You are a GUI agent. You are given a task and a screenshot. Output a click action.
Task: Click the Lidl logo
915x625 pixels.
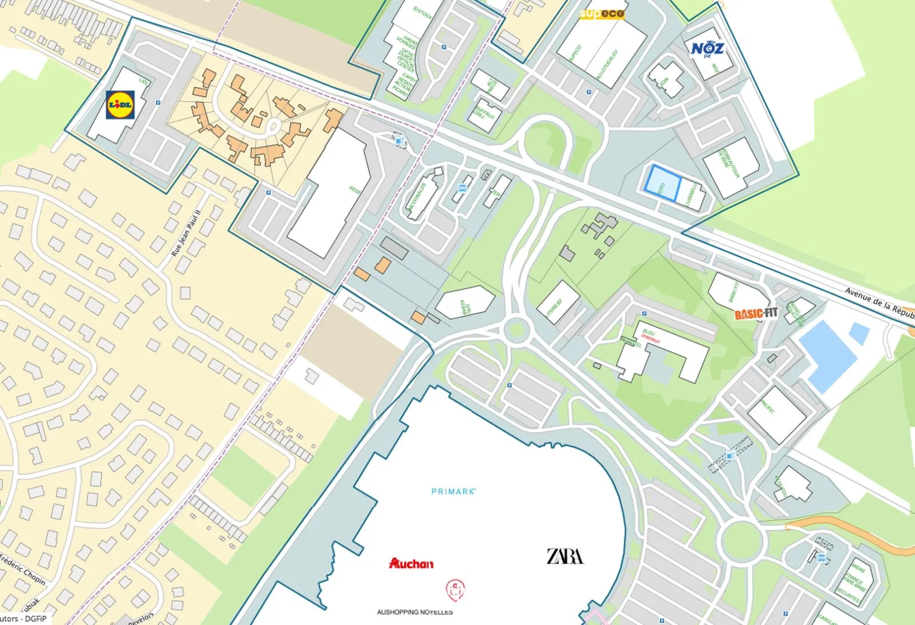pos(121,105)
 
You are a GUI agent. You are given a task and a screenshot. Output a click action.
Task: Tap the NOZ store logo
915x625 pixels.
pos(707,48)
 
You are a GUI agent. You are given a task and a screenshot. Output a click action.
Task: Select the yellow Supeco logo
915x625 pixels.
pos(602,13)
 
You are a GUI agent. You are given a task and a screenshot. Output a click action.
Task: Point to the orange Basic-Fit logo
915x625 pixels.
pos(756,314)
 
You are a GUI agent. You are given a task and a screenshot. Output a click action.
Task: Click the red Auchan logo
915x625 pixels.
pos(411,563)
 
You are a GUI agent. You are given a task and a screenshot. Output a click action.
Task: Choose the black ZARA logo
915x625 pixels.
pos(565,556)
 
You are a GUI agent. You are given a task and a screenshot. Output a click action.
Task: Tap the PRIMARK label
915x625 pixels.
pos(453,491)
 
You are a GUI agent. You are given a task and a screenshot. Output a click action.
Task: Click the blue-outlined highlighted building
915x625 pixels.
pos(661,183)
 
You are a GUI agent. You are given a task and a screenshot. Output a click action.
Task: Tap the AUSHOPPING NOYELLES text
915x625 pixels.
pos(415,612)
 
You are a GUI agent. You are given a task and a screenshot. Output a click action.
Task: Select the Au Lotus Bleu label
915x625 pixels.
pos(607,64)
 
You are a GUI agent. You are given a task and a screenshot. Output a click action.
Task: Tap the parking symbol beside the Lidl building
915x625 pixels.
pos(158,103)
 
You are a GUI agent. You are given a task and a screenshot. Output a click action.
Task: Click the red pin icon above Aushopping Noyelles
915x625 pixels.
pos(455,590)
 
